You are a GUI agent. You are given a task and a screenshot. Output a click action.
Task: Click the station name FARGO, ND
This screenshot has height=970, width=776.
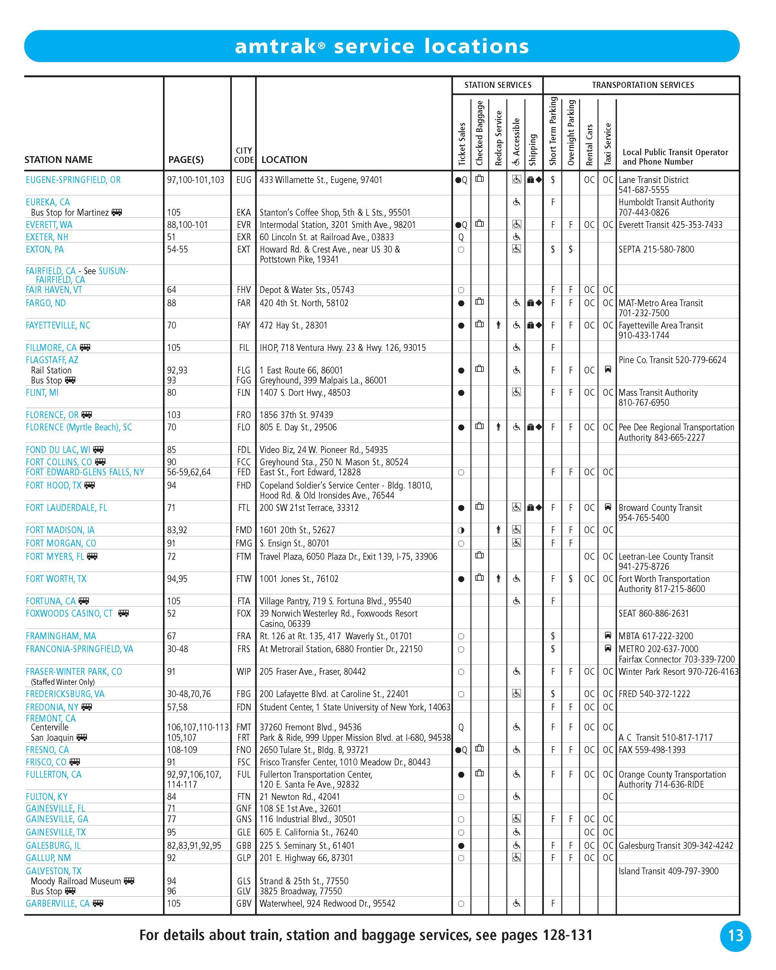[x=46, y=303]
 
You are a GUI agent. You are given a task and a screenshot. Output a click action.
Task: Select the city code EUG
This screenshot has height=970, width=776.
[x=243, y=180]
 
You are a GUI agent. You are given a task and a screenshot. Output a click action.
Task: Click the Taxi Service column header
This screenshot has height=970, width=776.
[x=607, y=144]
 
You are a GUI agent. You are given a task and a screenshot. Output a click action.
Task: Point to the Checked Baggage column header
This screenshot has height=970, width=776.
[x=480, y=133]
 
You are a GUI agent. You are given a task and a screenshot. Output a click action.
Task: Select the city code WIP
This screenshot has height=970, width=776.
[x=243, y=672]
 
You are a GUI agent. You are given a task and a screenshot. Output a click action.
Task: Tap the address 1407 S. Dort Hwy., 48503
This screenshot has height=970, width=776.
[x=305, y=393]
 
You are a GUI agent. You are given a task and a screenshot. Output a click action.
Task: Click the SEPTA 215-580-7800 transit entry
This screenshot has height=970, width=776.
[x=656, y=249]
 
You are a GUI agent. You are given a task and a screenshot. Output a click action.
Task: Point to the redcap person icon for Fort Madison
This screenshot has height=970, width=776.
[x=498, y=530]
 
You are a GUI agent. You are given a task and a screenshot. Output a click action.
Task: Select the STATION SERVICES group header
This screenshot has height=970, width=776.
[x=498, y=85]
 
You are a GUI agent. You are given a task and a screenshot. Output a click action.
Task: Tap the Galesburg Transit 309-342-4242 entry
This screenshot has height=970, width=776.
[x=676, y=846]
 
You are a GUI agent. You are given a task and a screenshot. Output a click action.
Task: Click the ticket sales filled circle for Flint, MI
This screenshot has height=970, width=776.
[x=461, y=393]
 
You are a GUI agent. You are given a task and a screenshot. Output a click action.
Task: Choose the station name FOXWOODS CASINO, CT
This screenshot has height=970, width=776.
[x=69, y=614]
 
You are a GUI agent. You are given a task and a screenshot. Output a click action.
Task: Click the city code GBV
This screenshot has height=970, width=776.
[x=243, y=903]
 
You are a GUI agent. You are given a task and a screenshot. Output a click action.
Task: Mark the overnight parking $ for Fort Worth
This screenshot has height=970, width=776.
[x=570, y=579]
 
